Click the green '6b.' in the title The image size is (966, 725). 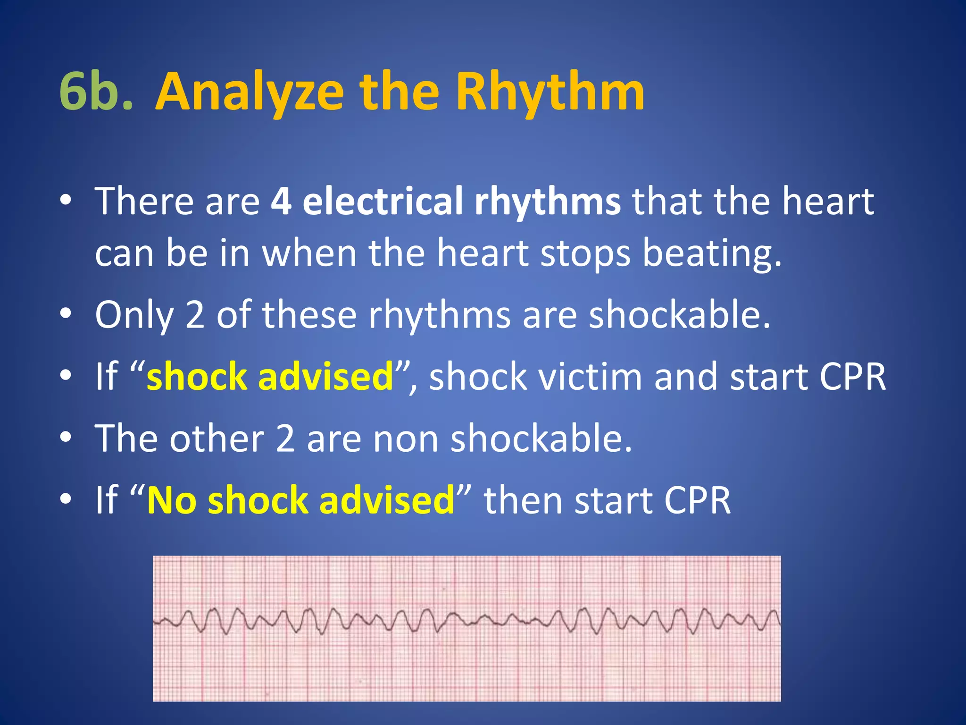pyautogui.click(x=96, y=92)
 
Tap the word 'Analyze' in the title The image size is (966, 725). pyautogui.click(x=249, y=92)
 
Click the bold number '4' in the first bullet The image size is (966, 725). pyautogui.click(x=281, y=202)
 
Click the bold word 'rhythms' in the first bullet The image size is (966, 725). pyautogui.click(x=548, y=202)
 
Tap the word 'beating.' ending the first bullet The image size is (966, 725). pyautogui.click(x=712, y=254)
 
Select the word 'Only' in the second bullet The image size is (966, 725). pyautogui.click(x=134, y=315)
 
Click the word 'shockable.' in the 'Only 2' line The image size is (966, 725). pyautogui.click(x=680, y=315)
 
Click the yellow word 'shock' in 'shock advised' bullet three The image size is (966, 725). pyautogui.click(x=197, y=377)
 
